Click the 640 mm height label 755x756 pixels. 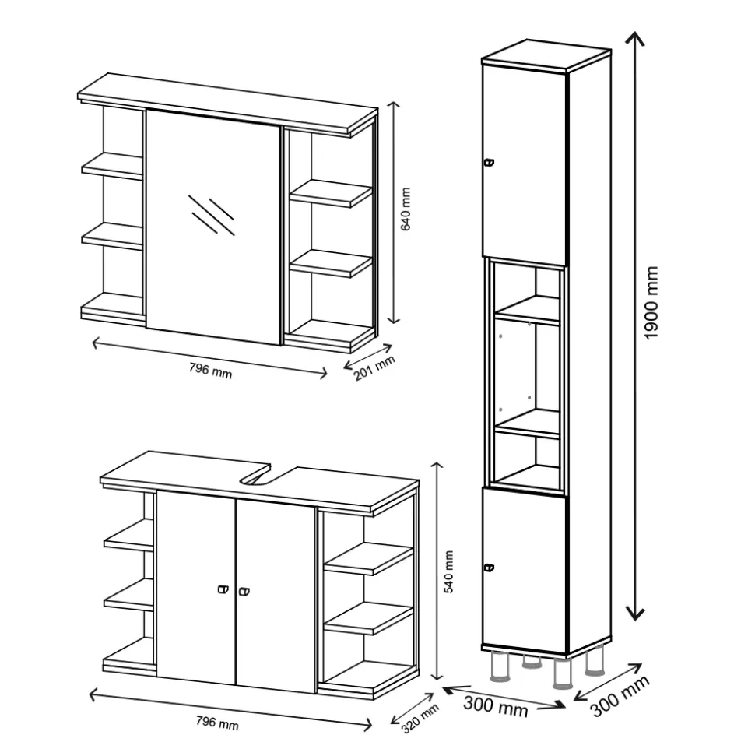406,209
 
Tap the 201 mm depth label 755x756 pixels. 374,367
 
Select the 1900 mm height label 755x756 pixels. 651,302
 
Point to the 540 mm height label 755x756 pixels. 449,571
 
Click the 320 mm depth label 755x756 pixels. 420,718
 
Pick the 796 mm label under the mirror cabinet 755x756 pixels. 210,371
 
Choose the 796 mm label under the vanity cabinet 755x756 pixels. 217,723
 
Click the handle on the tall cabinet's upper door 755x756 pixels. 489,163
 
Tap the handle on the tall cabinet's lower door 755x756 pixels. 489,568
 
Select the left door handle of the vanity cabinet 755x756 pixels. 223,589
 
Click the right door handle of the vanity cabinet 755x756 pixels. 244,591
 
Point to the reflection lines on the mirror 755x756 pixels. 212,215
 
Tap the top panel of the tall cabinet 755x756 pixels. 546,55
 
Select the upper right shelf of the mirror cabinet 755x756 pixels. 331,193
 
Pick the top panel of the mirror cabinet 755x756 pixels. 227,103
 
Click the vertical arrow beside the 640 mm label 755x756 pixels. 395,212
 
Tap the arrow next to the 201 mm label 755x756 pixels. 368,356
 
